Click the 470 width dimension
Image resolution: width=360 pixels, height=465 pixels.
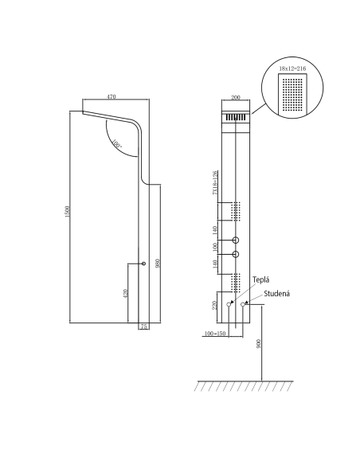(x=112, y=96)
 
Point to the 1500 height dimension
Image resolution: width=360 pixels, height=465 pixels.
(x=67, y=214)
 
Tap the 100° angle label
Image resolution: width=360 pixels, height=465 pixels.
(x=117, y=146)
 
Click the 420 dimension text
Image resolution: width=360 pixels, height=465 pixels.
(x=125, y=293)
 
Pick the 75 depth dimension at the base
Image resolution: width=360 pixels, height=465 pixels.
(x=143, y=326)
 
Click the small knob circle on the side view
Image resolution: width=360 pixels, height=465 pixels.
(x=143, y=264)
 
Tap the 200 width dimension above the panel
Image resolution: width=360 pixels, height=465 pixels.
(x=236, y=96)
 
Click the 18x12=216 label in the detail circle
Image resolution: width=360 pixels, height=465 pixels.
(x=292, y=70)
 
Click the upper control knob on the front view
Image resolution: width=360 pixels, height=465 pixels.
(x=237, y=240)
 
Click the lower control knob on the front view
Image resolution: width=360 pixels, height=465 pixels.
(x=237, y=255)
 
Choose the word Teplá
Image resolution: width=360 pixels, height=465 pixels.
(x=260, y=280)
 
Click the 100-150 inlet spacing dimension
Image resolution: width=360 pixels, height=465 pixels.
(x=215, y=332)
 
